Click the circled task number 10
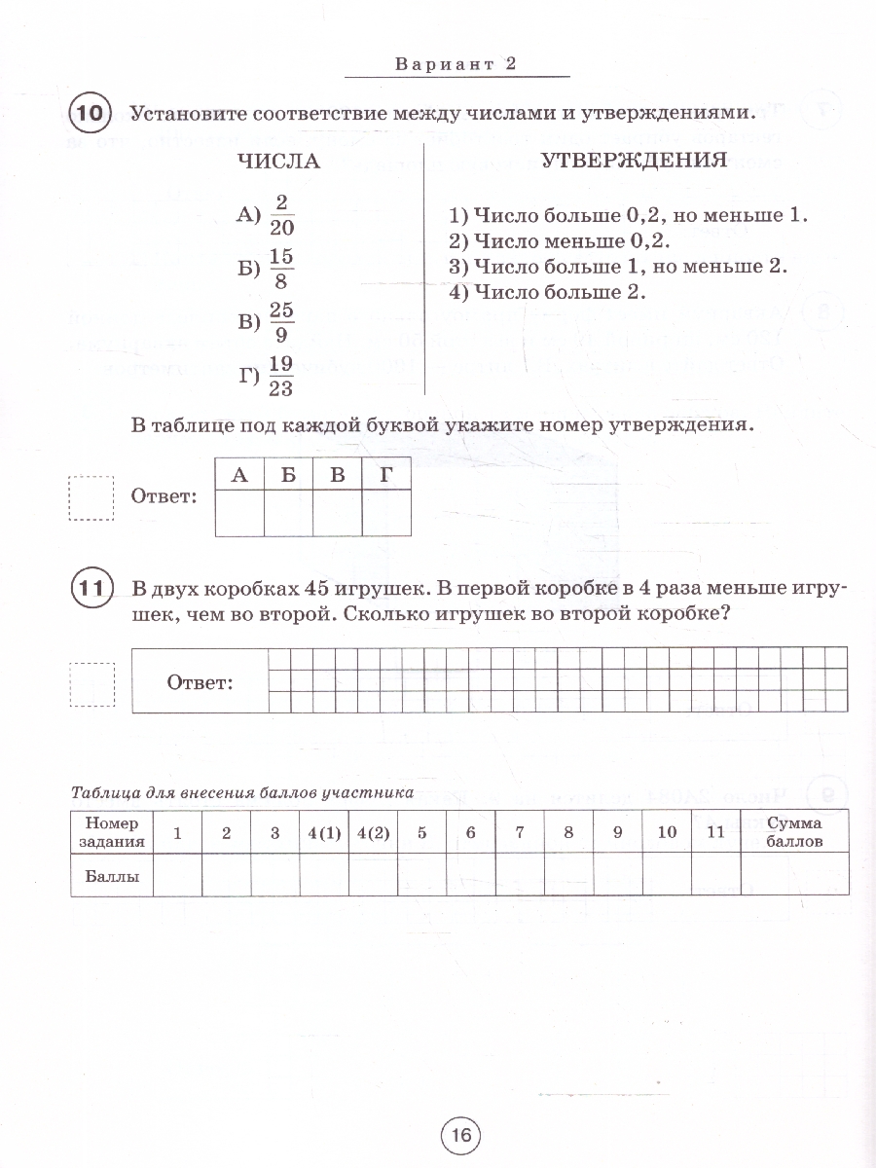point(90,114)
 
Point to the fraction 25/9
point(281,323)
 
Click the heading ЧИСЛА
point(279,162)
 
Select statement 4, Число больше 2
point(548,291)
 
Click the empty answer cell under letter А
point(239,512)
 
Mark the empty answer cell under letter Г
point(385,512)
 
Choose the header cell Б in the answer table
point(288,476)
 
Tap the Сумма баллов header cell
point(794,831)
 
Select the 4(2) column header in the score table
point(373,832)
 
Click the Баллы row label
point(113,875)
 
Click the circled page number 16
point(460,1135)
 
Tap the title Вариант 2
point(455,64)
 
